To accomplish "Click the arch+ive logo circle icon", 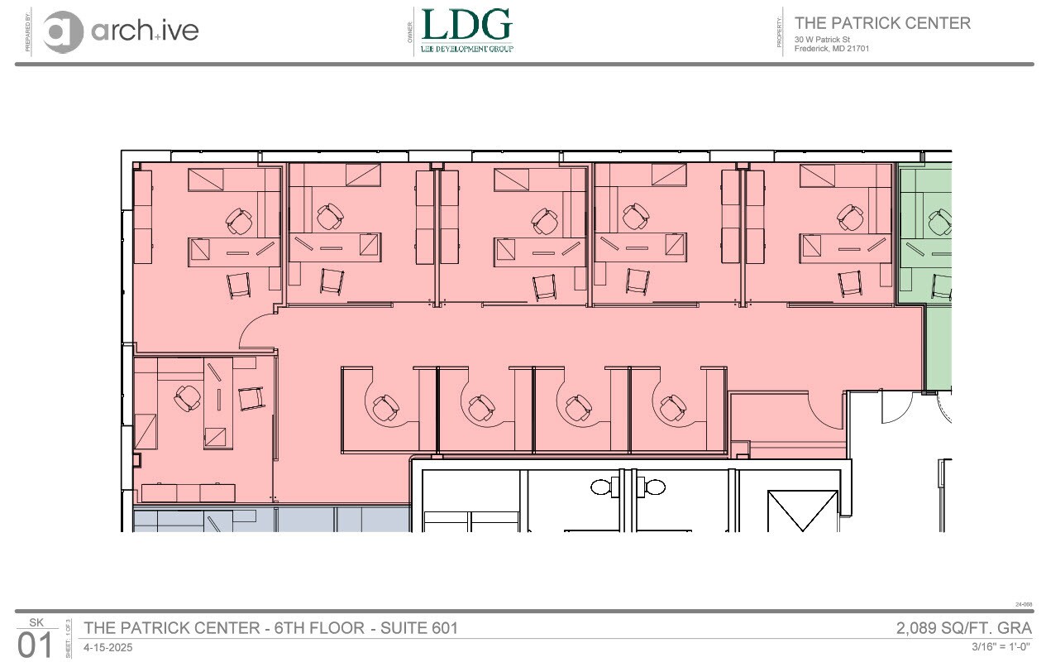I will pos(64,31).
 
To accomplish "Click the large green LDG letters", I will pos(466,25).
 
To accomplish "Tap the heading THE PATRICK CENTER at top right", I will pos(882,23).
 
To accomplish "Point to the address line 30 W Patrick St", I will pos(823,40).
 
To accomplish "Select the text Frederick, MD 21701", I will pos(832,48).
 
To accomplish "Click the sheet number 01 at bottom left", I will pos(35,645).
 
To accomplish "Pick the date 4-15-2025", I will pos(108,648).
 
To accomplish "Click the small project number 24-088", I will pos(1024,605).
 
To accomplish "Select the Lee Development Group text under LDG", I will pos(466,49).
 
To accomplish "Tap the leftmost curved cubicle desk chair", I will pos(384,407).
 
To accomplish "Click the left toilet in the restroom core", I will pos(601,487).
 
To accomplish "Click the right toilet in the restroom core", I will pos(653,487).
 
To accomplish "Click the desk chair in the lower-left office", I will pos(189,400).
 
